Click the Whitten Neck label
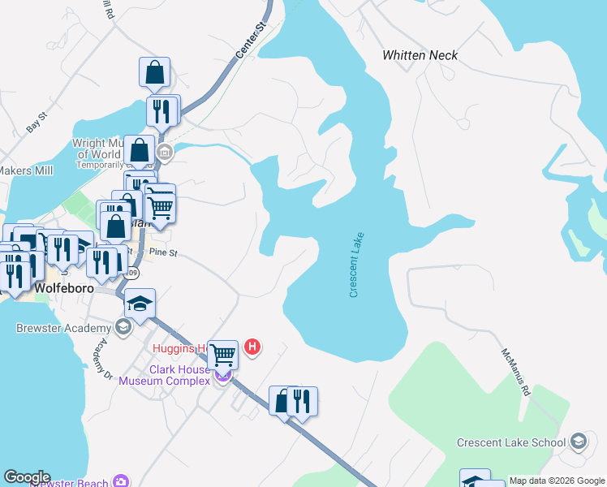pos(420,55)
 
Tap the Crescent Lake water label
pos(357,265)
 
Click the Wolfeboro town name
pos(65,288)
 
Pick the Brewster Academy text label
pos(63,328)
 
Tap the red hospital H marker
pos(252,347)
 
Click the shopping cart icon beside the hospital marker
pos(223,354)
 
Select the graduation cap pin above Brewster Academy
pos(140,304)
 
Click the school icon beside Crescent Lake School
pos(578,442)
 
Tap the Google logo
pos(26,477)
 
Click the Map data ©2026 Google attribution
pos(557,481)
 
